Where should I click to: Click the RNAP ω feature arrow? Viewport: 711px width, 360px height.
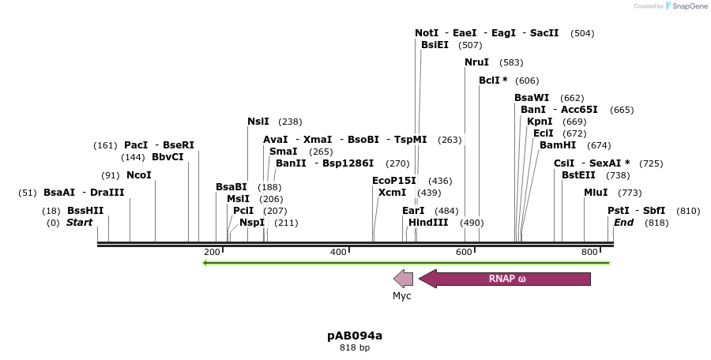tap(506, 279)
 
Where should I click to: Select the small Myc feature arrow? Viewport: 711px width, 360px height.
tap(404, 279)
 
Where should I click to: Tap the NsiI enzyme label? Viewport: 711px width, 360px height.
tap(258, 122)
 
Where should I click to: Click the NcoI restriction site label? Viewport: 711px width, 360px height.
tap(139, 175)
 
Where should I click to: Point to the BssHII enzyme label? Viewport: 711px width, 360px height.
tap(85, 211)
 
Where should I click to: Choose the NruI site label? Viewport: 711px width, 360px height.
tap(477, 62)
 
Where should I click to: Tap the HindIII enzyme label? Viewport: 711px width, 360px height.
tap(428, 223)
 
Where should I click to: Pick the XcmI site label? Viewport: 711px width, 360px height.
tap(393, 193)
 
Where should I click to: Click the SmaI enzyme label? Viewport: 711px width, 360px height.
tap(284, 152)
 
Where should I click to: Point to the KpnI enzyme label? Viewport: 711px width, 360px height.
tap(540, 122)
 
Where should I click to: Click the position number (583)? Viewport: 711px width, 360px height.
tap(511, 62)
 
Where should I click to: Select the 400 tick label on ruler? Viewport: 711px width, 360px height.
tap(339, 252)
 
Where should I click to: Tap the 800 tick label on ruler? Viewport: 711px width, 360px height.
tap(589, 252)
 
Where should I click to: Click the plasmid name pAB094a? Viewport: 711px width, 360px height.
tap(355, 336)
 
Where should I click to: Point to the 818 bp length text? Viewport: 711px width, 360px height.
tap(355, 347)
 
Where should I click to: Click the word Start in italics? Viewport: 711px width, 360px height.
tap(79, 223)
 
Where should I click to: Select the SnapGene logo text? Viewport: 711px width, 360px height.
tap(687, 6)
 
